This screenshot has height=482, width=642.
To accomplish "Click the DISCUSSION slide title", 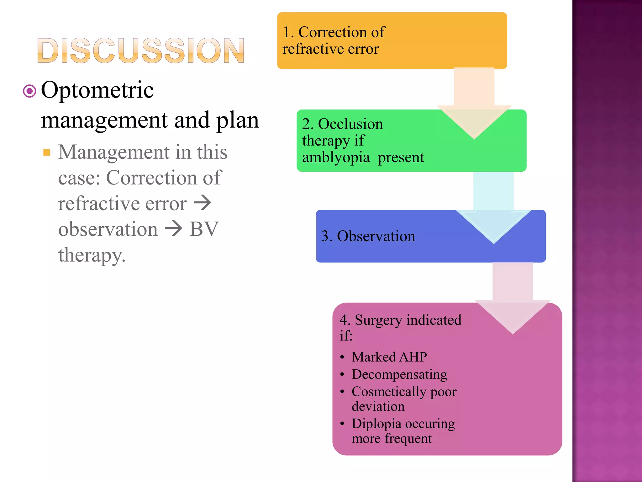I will coord(140,50).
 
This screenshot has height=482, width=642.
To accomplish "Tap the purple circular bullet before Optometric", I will coord(30,91).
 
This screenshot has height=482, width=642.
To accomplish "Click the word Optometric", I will coord(97,90).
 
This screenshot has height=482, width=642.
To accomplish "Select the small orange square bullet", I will coord(47,153).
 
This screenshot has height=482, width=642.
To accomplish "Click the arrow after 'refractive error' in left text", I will coord(203,203).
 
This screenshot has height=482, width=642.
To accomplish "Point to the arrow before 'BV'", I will coord(173,228).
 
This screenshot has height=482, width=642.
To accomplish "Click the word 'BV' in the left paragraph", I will coord(204,229).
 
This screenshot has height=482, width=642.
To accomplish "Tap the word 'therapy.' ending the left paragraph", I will coord(92,255).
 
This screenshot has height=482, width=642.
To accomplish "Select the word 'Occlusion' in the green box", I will coord(350,124).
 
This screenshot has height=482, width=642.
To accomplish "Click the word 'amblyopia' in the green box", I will coord(336,157).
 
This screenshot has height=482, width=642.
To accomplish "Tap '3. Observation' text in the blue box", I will coord(368,236).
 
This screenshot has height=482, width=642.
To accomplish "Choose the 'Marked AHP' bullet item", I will coord(389,357).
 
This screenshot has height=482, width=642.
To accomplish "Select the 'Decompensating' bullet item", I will coord(399,374).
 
